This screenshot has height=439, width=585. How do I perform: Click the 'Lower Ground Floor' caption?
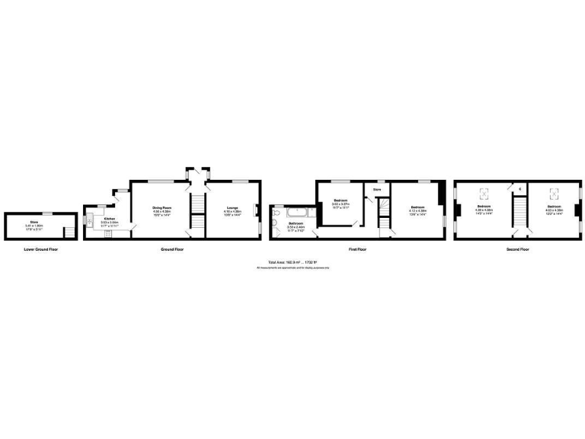(x=41, y=249)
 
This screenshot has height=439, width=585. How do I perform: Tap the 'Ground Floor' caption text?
(x=172, y=249)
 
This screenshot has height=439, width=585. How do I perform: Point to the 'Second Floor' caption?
(x=518, y=249)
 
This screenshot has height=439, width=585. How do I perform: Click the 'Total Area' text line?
(x=292, y=263)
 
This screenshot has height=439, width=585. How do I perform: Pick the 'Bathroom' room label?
(x=296, y=223)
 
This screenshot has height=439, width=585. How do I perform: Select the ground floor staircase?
(x=197, y=206)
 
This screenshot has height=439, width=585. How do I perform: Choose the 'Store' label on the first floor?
(x=376, y=190)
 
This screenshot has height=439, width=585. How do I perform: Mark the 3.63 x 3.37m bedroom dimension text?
(x=340, y=204)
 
